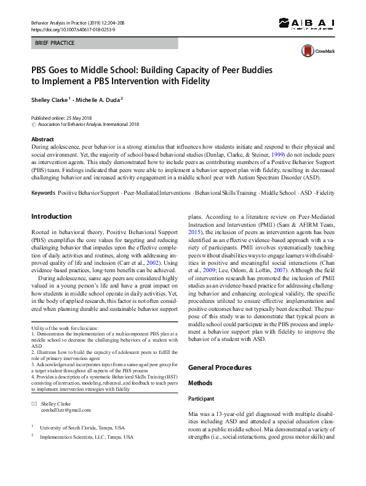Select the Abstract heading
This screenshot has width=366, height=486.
(42, 139)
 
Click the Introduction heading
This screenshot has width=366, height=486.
(51, 216)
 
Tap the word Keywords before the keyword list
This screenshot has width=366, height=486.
(43, 193)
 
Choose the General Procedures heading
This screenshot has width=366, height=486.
(220, 367)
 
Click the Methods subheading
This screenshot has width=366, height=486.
(200, 383)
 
